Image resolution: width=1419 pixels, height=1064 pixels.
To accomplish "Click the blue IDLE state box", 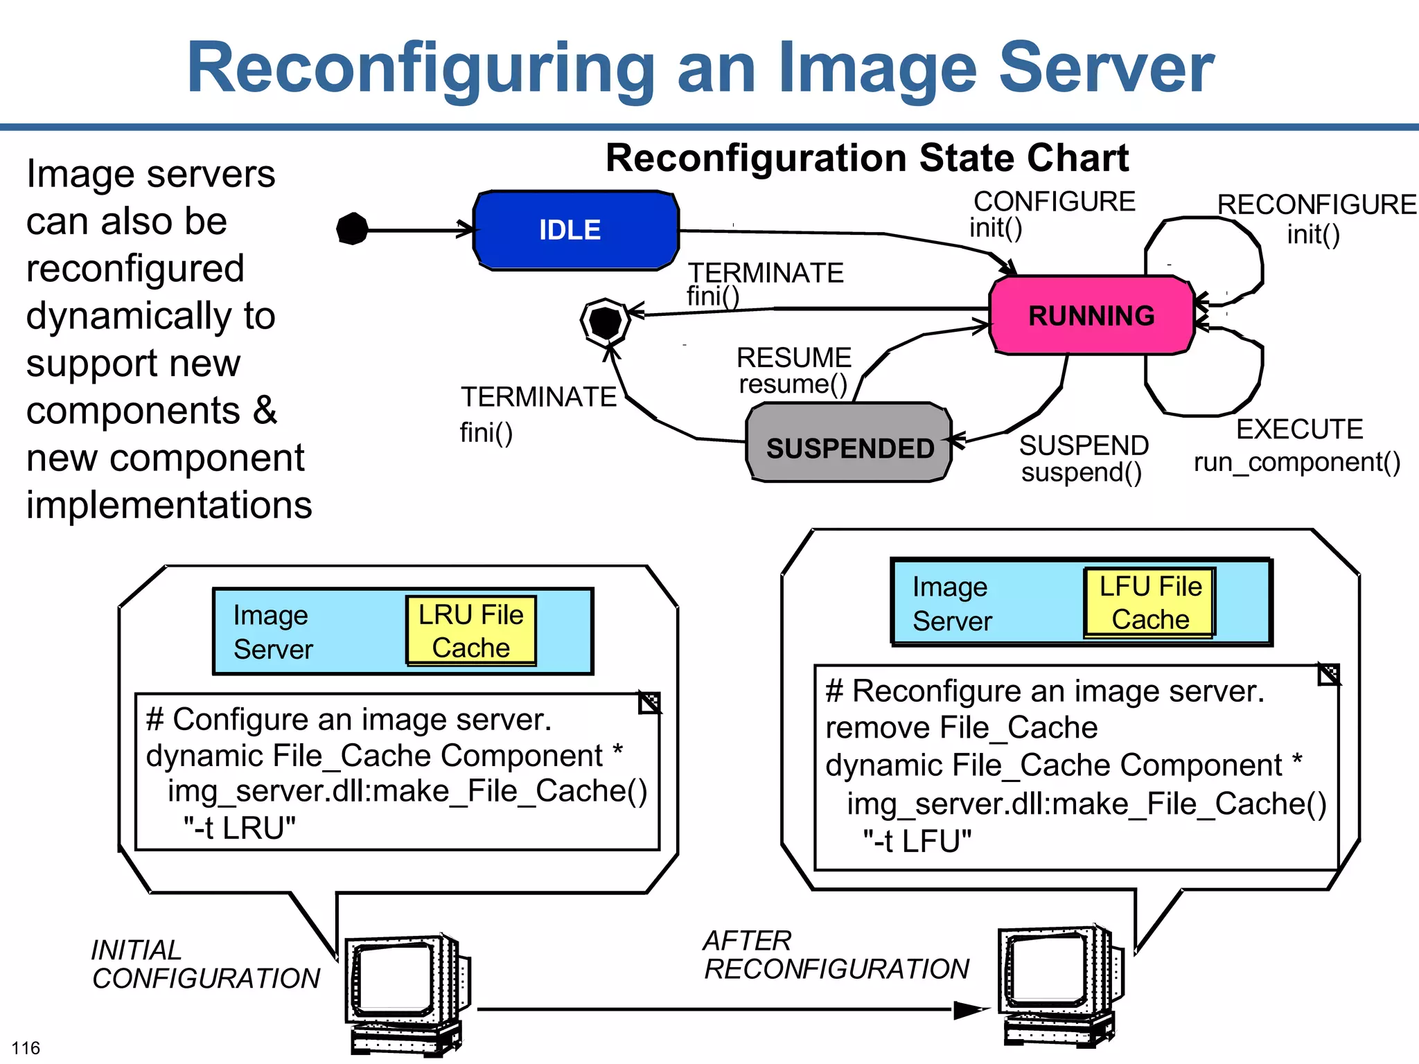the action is click(x=576, y=230).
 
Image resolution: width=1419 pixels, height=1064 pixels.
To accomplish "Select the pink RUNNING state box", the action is click(x=1092, y=315).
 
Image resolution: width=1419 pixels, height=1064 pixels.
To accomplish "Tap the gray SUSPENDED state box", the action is click(x=849, y=442).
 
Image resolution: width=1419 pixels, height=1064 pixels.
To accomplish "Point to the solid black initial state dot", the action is click(x=352, y=229).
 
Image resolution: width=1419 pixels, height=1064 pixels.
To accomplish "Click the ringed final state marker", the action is click(x=606, y=322).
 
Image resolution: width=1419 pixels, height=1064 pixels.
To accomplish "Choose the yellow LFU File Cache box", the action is click(x=1150, y=603).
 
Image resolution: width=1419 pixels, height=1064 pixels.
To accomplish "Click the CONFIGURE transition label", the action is click(x=1055, y=202).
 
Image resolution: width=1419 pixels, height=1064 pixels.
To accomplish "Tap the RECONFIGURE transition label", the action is click(x=1317, y=204).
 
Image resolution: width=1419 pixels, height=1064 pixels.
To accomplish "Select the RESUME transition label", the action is click(x=794, y=357).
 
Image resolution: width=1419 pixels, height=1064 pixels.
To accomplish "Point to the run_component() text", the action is click(x=1297, y=462).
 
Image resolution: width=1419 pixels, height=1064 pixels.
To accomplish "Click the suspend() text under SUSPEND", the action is click(x=1082, y=472).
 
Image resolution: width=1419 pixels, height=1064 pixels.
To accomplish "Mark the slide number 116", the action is click(x=26, y=1047).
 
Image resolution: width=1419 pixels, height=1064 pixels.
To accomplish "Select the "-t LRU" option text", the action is click(x=240, y=828).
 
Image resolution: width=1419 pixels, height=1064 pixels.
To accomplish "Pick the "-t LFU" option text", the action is click(x=917, y=841).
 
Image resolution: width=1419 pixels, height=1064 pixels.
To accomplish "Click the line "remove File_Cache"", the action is click(x=962, y=727).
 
